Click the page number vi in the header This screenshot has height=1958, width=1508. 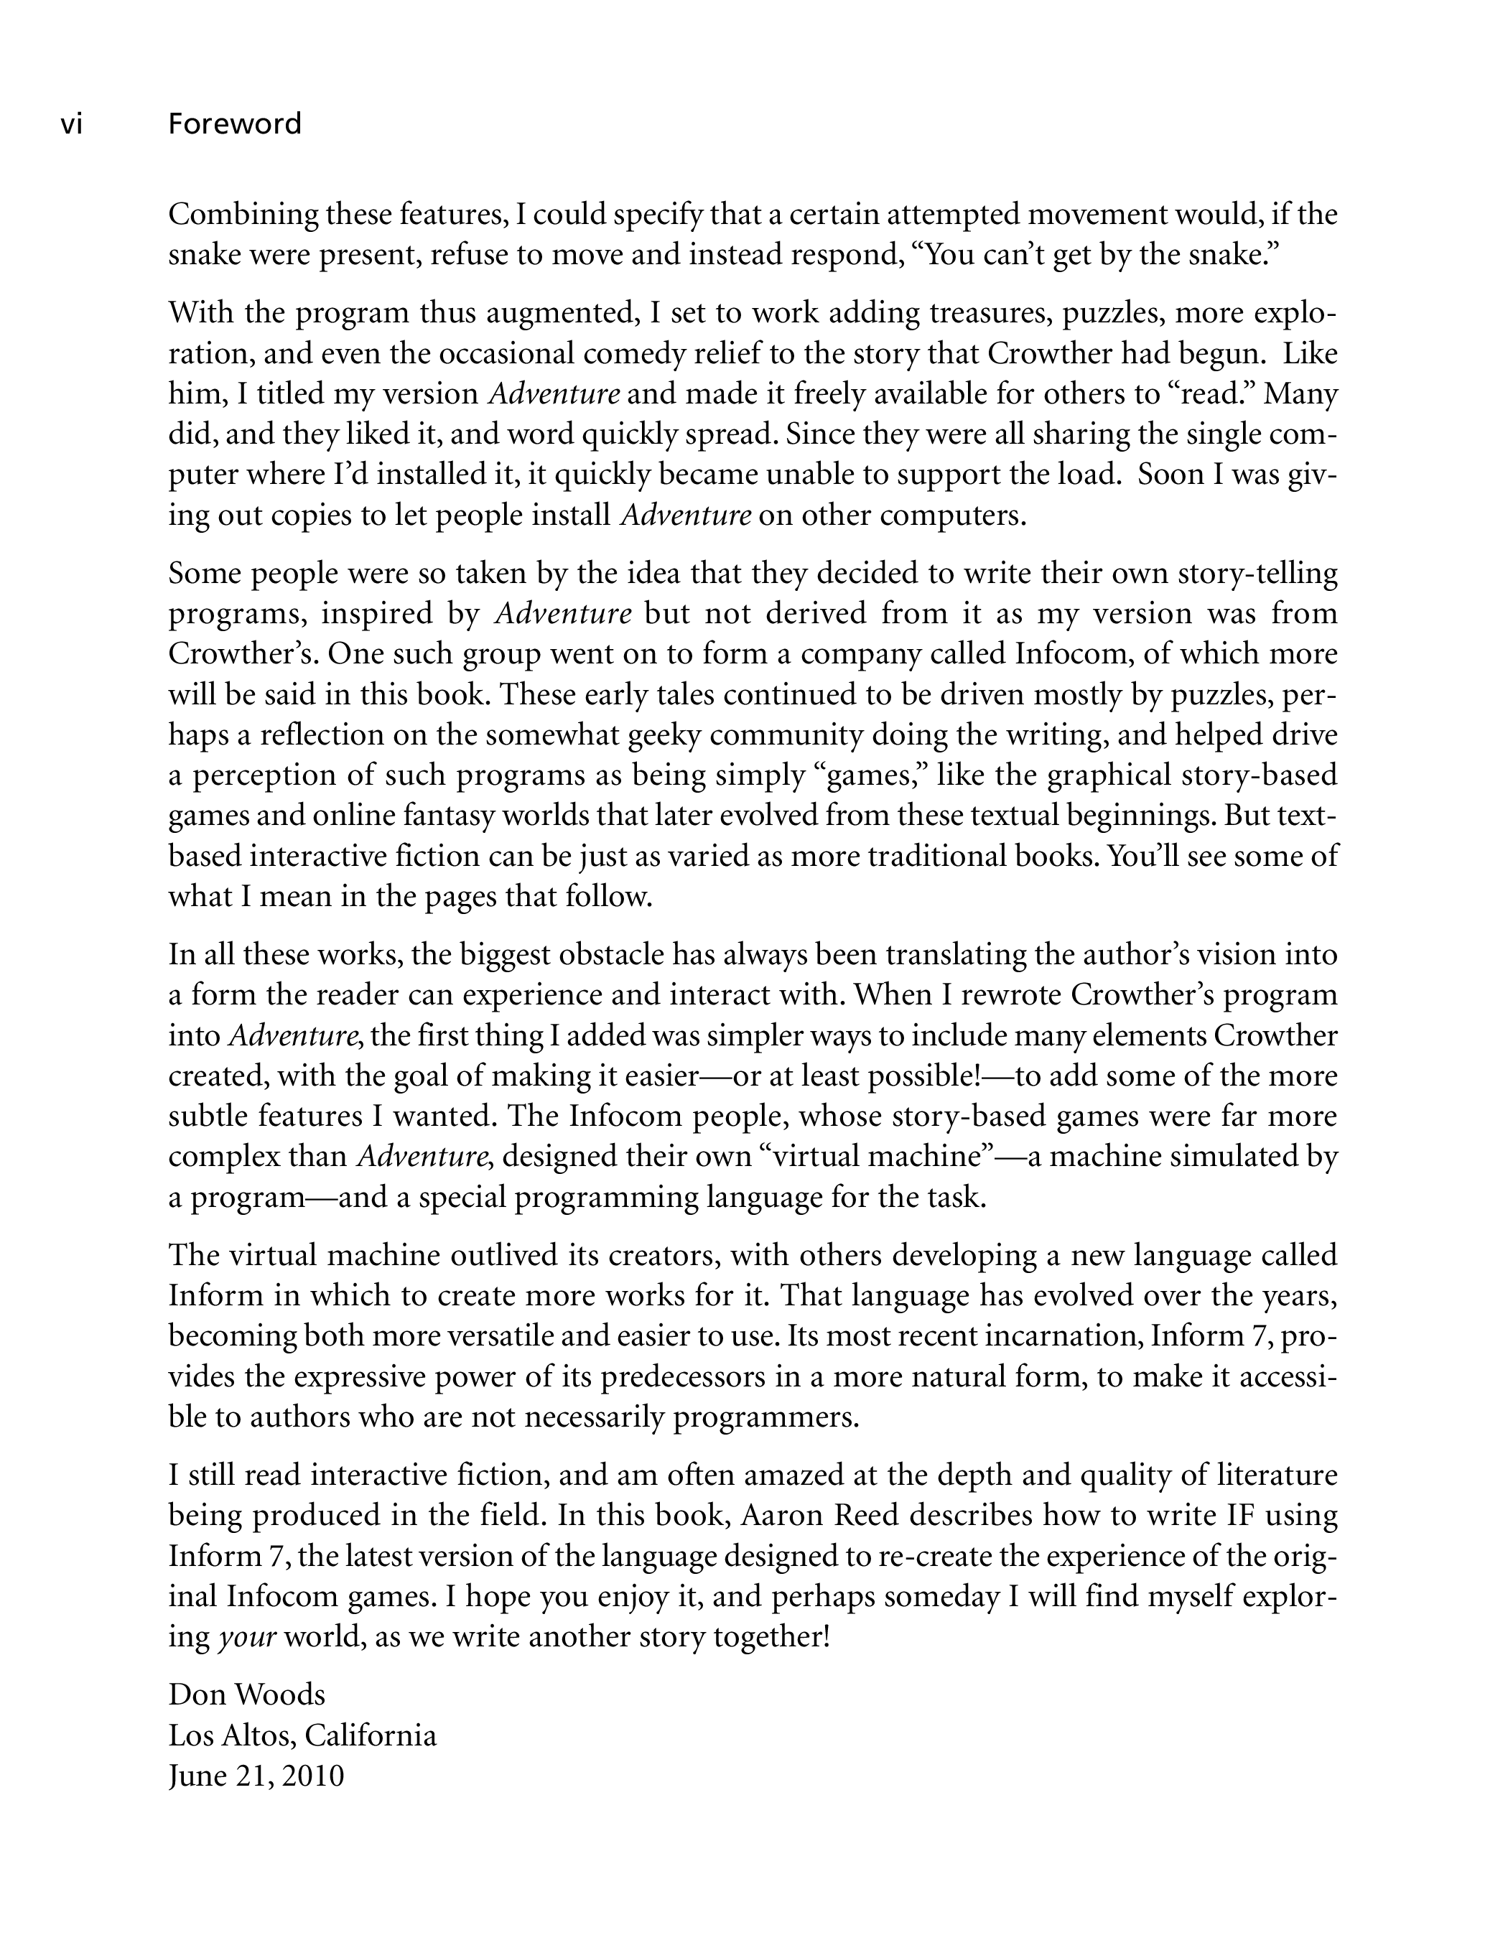click(71, 123)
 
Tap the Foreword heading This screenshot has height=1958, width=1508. click(235, 123)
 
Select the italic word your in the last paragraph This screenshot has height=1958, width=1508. click(246, 1637)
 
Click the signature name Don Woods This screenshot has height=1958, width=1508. click(246, 1694)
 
